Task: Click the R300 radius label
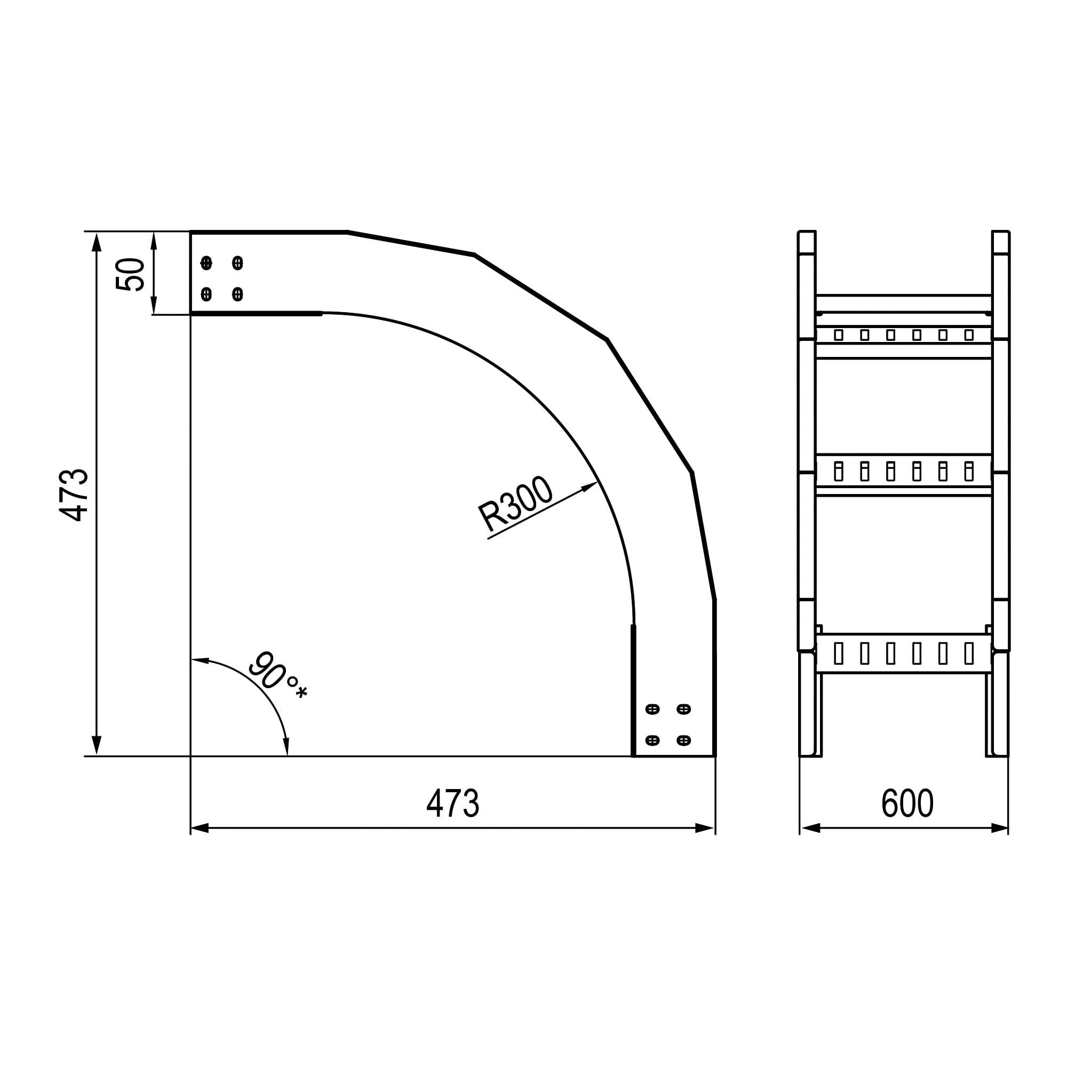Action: pyautogui.click(x=515, y=503)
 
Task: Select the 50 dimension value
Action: pyautogui.click(x=130, y=274)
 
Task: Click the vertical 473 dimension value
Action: pyautogui.click(x=74, y=495)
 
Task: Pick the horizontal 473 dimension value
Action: pyautogui.click(x=452, y=802)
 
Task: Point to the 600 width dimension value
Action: pyautogui.click(x=907, y=802)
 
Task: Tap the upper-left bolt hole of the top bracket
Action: pyautogui.click(x=206, y=263)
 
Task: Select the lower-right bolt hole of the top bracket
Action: pyautogui.click(x=237, y=294)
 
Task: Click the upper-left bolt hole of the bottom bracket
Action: pyautogui.click(x=652, y=709)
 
